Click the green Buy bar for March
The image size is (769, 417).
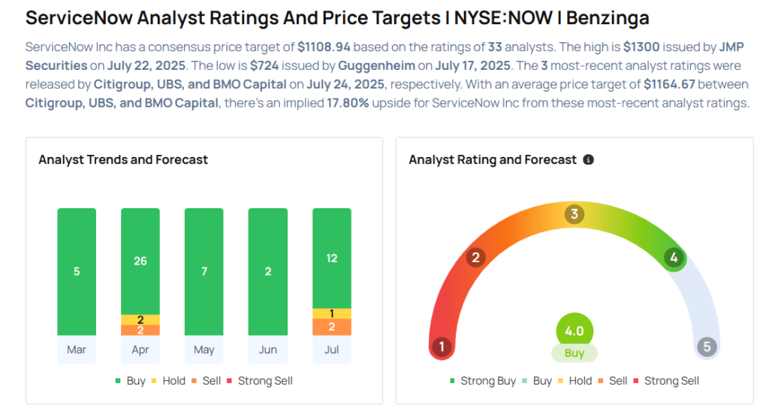77,271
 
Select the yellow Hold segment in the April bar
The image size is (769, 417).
140,319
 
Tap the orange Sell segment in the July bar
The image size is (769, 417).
332,327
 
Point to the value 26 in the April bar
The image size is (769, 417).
140,261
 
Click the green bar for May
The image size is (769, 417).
204,271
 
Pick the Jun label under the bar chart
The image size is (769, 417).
268,349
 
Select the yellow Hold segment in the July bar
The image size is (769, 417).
332,313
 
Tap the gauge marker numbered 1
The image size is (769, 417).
442,347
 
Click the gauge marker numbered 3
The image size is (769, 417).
574,214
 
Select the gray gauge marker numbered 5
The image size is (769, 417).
707,347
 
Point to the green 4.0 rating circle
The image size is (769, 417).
574,331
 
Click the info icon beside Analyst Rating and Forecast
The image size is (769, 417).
589,160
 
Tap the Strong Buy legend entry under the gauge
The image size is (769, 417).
483,381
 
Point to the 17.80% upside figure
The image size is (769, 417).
343,103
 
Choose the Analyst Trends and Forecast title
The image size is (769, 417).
123,159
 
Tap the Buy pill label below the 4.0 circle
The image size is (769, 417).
574,353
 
